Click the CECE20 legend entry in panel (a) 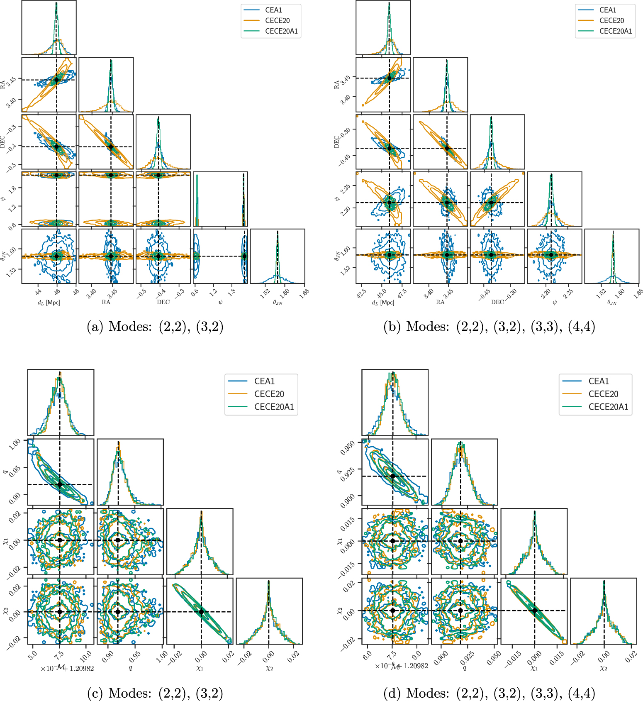[x=277, y=21]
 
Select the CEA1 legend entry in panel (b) [x=608, y=10]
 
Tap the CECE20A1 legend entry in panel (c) [x=274, y=407]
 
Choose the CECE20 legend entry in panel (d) [x=603, y=394]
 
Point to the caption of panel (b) [x=489, y=327]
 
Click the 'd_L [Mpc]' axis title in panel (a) [x=49, y=303]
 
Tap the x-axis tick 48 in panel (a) [x=76, y=292]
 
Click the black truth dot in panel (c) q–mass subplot [x=60, y=484]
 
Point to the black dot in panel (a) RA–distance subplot [x=57, y=80]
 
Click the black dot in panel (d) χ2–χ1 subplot [x=535, y=611]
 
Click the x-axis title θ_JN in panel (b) [x=612, y=303]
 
